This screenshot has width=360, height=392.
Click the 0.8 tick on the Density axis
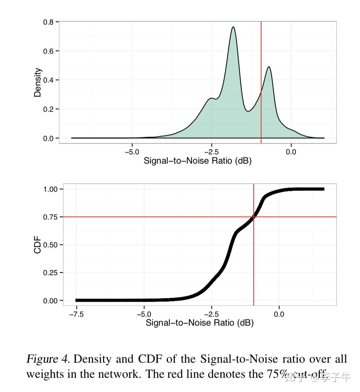[49, 22]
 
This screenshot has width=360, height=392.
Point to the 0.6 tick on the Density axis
[49, 51]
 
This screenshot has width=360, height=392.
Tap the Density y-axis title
[37, 82]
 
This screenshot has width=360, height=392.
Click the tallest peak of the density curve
[233, 27]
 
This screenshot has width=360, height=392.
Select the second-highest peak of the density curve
[269, 67]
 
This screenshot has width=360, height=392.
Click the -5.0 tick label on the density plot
[132, 152]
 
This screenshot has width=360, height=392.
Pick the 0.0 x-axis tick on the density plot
[291, 152]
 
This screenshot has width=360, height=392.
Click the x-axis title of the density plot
[197, 161]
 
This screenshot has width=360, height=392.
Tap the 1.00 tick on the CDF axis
[50, 189]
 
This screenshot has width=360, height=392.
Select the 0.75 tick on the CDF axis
[50, 217]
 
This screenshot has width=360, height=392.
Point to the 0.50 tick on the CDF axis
[50, 245]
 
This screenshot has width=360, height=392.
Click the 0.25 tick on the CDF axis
[50, 273]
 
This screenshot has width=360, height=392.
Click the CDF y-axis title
[37, 244]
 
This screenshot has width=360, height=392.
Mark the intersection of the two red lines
[254, 217]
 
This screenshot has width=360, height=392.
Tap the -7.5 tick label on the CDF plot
[76, 314]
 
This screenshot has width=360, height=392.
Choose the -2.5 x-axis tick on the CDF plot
[211, 314]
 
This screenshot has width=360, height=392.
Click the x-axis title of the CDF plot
[200, 323]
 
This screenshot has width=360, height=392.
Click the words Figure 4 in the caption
[48, 359]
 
